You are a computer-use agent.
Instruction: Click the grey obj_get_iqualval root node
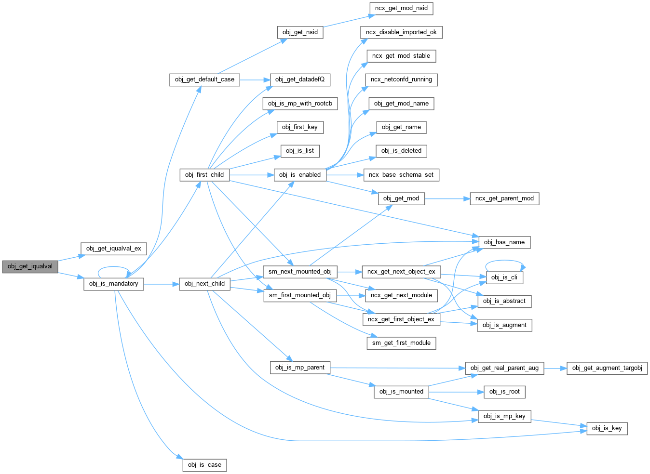[30, 266]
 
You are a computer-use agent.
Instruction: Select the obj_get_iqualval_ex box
[113, 249]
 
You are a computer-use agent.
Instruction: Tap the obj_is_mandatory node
[113, 284]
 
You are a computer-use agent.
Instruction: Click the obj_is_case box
[204, 465]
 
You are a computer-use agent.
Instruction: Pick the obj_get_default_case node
[204, 79]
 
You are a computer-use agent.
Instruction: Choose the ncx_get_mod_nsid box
[401, 8]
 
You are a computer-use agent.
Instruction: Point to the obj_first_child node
[204, 175]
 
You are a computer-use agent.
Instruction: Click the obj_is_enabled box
[300, 175]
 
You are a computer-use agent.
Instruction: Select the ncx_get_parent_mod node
[504, 198]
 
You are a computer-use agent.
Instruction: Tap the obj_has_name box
[504, 242]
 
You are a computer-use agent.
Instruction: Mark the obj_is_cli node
[504, 277]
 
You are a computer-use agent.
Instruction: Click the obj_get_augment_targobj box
[607, 368]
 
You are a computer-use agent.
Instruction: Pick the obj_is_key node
[607, 428]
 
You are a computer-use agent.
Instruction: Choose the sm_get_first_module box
[401, 343]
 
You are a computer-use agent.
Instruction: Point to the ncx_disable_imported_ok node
[401, 32]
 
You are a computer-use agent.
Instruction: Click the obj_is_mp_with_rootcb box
[300, 104]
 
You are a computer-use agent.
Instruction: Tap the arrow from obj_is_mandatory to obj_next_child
[161, 284]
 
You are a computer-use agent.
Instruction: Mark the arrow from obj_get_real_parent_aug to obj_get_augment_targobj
[555, 368]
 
